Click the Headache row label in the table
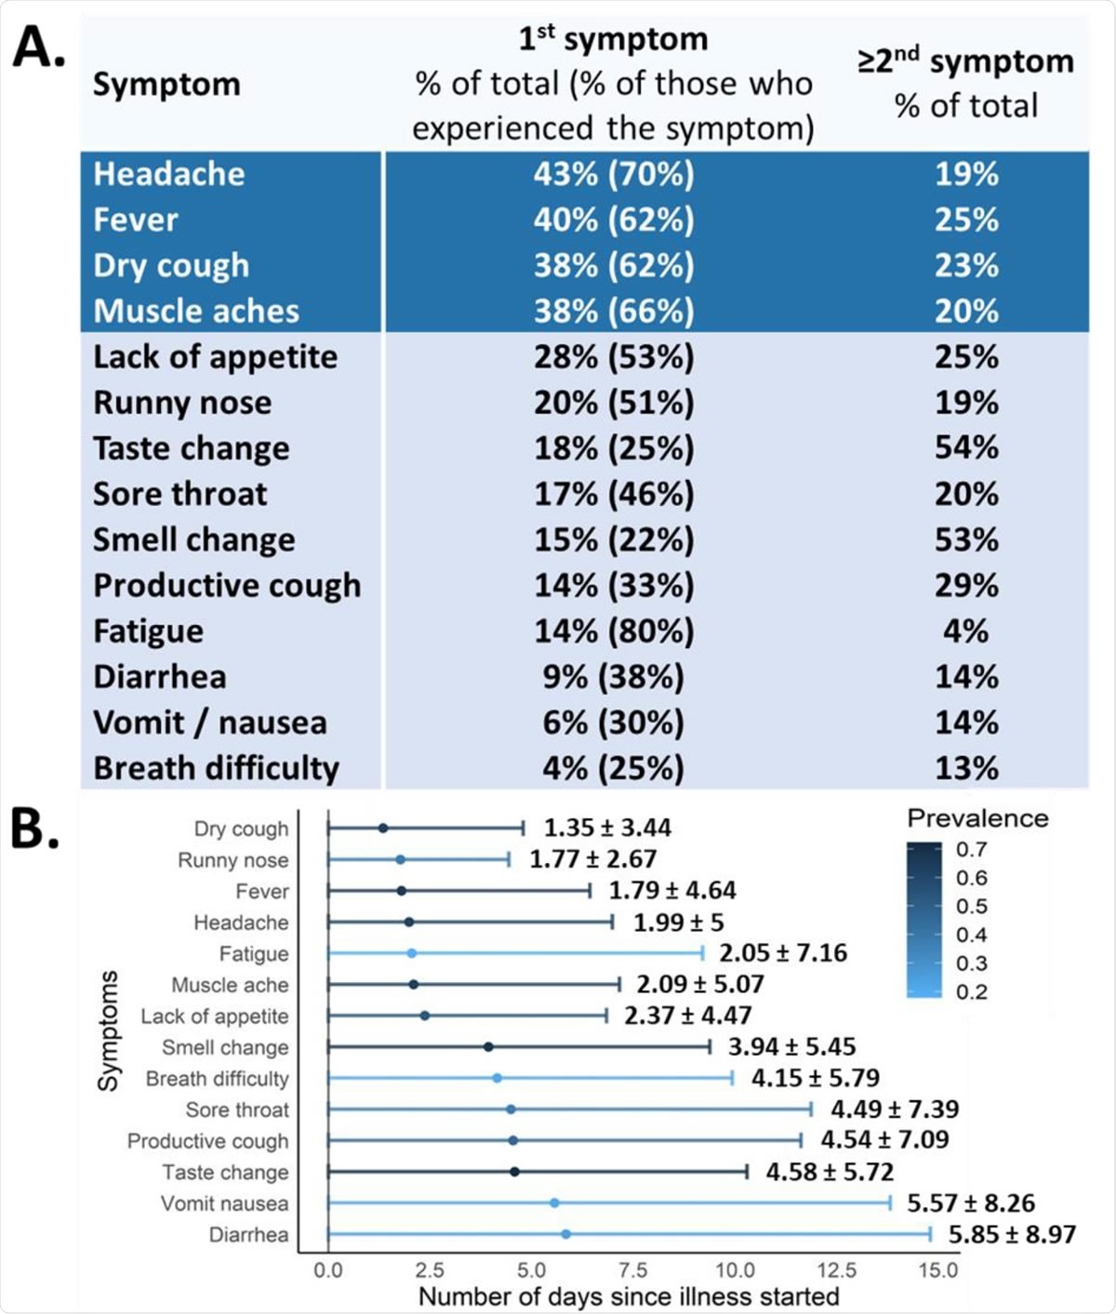169,174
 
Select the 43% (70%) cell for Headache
613,174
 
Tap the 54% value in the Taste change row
966,447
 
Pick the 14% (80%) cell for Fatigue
613,630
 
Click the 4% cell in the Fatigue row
966,630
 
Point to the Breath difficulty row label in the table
216,768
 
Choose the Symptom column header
166,85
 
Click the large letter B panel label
35,829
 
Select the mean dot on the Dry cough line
383,828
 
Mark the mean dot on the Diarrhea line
565,1234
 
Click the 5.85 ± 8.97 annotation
1012,1234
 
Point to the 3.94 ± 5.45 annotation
791,1046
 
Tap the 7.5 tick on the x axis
633,1270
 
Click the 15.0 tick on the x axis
938,1270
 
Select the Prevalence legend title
977,818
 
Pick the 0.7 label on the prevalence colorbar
972,849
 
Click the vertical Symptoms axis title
109,1030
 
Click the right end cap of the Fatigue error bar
703,952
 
